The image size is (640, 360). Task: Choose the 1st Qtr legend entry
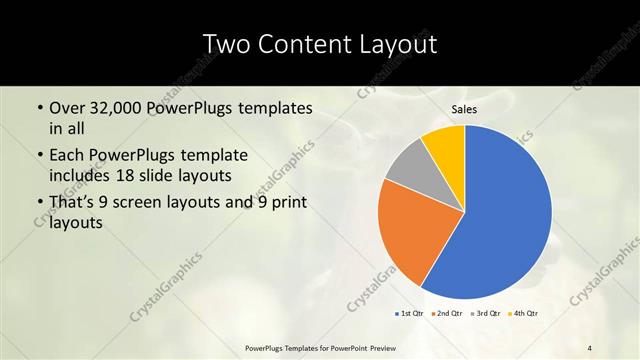tap(409, 314)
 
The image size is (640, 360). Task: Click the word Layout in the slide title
tap(399, 46)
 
